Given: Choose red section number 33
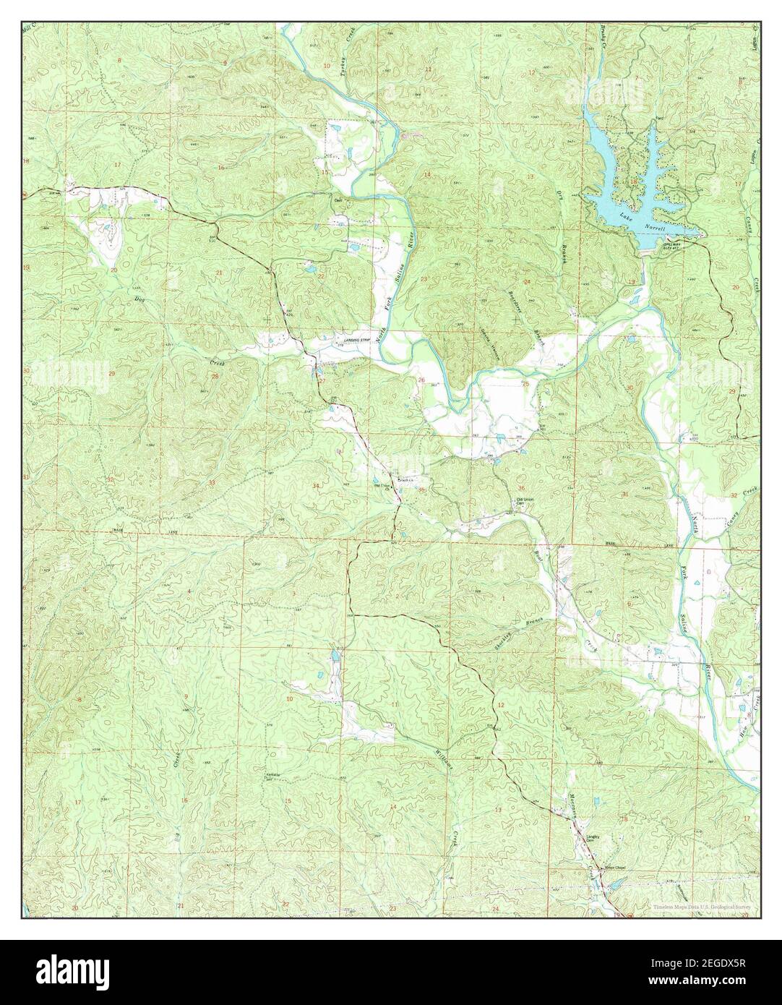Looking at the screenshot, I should point(212,482).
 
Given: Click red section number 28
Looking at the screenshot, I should point(215,377).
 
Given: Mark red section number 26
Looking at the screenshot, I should point(421,380).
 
